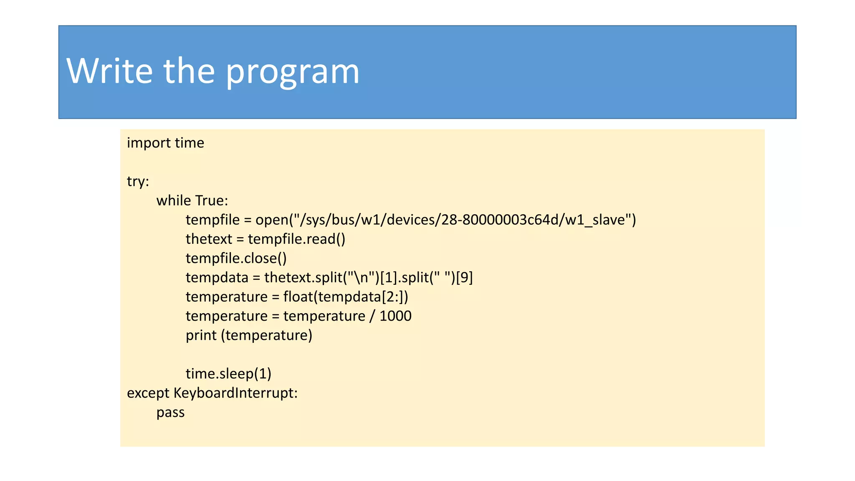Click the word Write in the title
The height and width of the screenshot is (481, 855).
tap(109, 71)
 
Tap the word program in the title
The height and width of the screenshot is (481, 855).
tap(292, 72)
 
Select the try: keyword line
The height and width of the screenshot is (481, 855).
tap(138, 182)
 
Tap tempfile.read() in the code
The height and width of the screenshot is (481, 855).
tap(296, 239)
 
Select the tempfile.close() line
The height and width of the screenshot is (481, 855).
tap(236, 258)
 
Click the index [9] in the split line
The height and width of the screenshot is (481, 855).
tap(464, 278)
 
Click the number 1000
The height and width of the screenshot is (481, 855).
tap(395, 316)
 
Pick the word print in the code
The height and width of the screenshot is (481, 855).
tap(201, 335)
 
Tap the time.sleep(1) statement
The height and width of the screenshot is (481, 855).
tap(228, 374)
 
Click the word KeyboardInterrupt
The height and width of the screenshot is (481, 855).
tap(235, 393)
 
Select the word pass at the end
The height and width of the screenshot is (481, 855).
tap(170, 413)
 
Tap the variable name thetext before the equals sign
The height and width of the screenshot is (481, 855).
tap(209, 239)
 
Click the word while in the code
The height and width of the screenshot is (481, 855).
tap(174, 201)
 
